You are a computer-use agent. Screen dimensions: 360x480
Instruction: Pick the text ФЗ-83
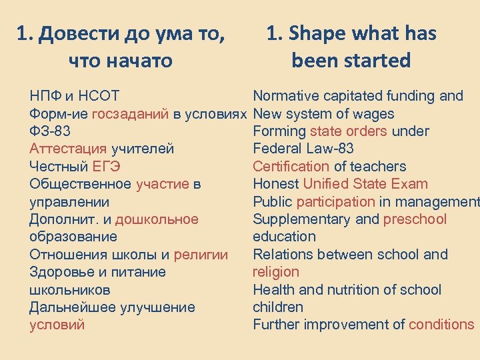(50, 131)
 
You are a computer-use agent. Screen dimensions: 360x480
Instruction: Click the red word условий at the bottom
(57, 325)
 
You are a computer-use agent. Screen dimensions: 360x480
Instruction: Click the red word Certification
(291, 167)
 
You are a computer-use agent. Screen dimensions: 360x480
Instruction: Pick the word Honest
(276, 184)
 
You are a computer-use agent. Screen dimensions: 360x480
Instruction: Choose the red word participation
(336, 202)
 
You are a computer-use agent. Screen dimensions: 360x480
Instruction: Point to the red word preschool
(415, 219)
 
